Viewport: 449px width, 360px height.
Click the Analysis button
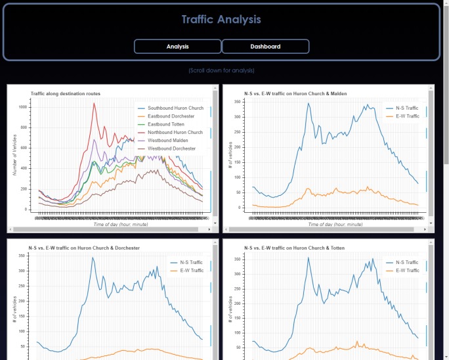point(177,47)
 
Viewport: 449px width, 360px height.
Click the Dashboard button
point(265,47)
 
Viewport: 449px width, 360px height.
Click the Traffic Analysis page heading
point(221,20)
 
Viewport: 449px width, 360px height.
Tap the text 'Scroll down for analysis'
point(221,70)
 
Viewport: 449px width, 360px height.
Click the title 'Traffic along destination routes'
point(69,94)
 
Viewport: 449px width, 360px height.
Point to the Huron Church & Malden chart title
point(295,94)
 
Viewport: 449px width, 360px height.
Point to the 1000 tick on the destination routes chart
point(23,106)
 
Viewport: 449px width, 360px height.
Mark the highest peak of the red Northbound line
point(94,103)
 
